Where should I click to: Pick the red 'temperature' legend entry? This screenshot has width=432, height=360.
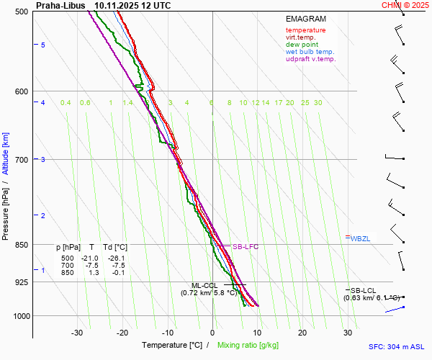[305, 30]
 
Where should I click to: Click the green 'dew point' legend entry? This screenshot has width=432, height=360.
[302, 45]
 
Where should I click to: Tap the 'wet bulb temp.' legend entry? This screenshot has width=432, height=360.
[310, 52]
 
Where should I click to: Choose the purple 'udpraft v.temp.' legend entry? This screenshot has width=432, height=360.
[311, 59]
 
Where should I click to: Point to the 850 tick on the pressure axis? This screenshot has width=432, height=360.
[20, 245]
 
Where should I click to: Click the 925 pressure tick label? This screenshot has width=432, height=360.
[20, 282]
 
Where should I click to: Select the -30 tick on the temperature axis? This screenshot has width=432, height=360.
[77, 333]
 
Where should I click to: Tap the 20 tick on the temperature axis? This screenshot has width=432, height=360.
[302, 333]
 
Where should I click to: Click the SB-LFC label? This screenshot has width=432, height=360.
[245, 247]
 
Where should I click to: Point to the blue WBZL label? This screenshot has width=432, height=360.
[359, 238]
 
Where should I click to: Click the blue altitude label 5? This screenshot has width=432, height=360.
[43, 45]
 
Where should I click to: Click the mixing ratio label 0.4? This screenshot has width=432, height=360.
[66, 103]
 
